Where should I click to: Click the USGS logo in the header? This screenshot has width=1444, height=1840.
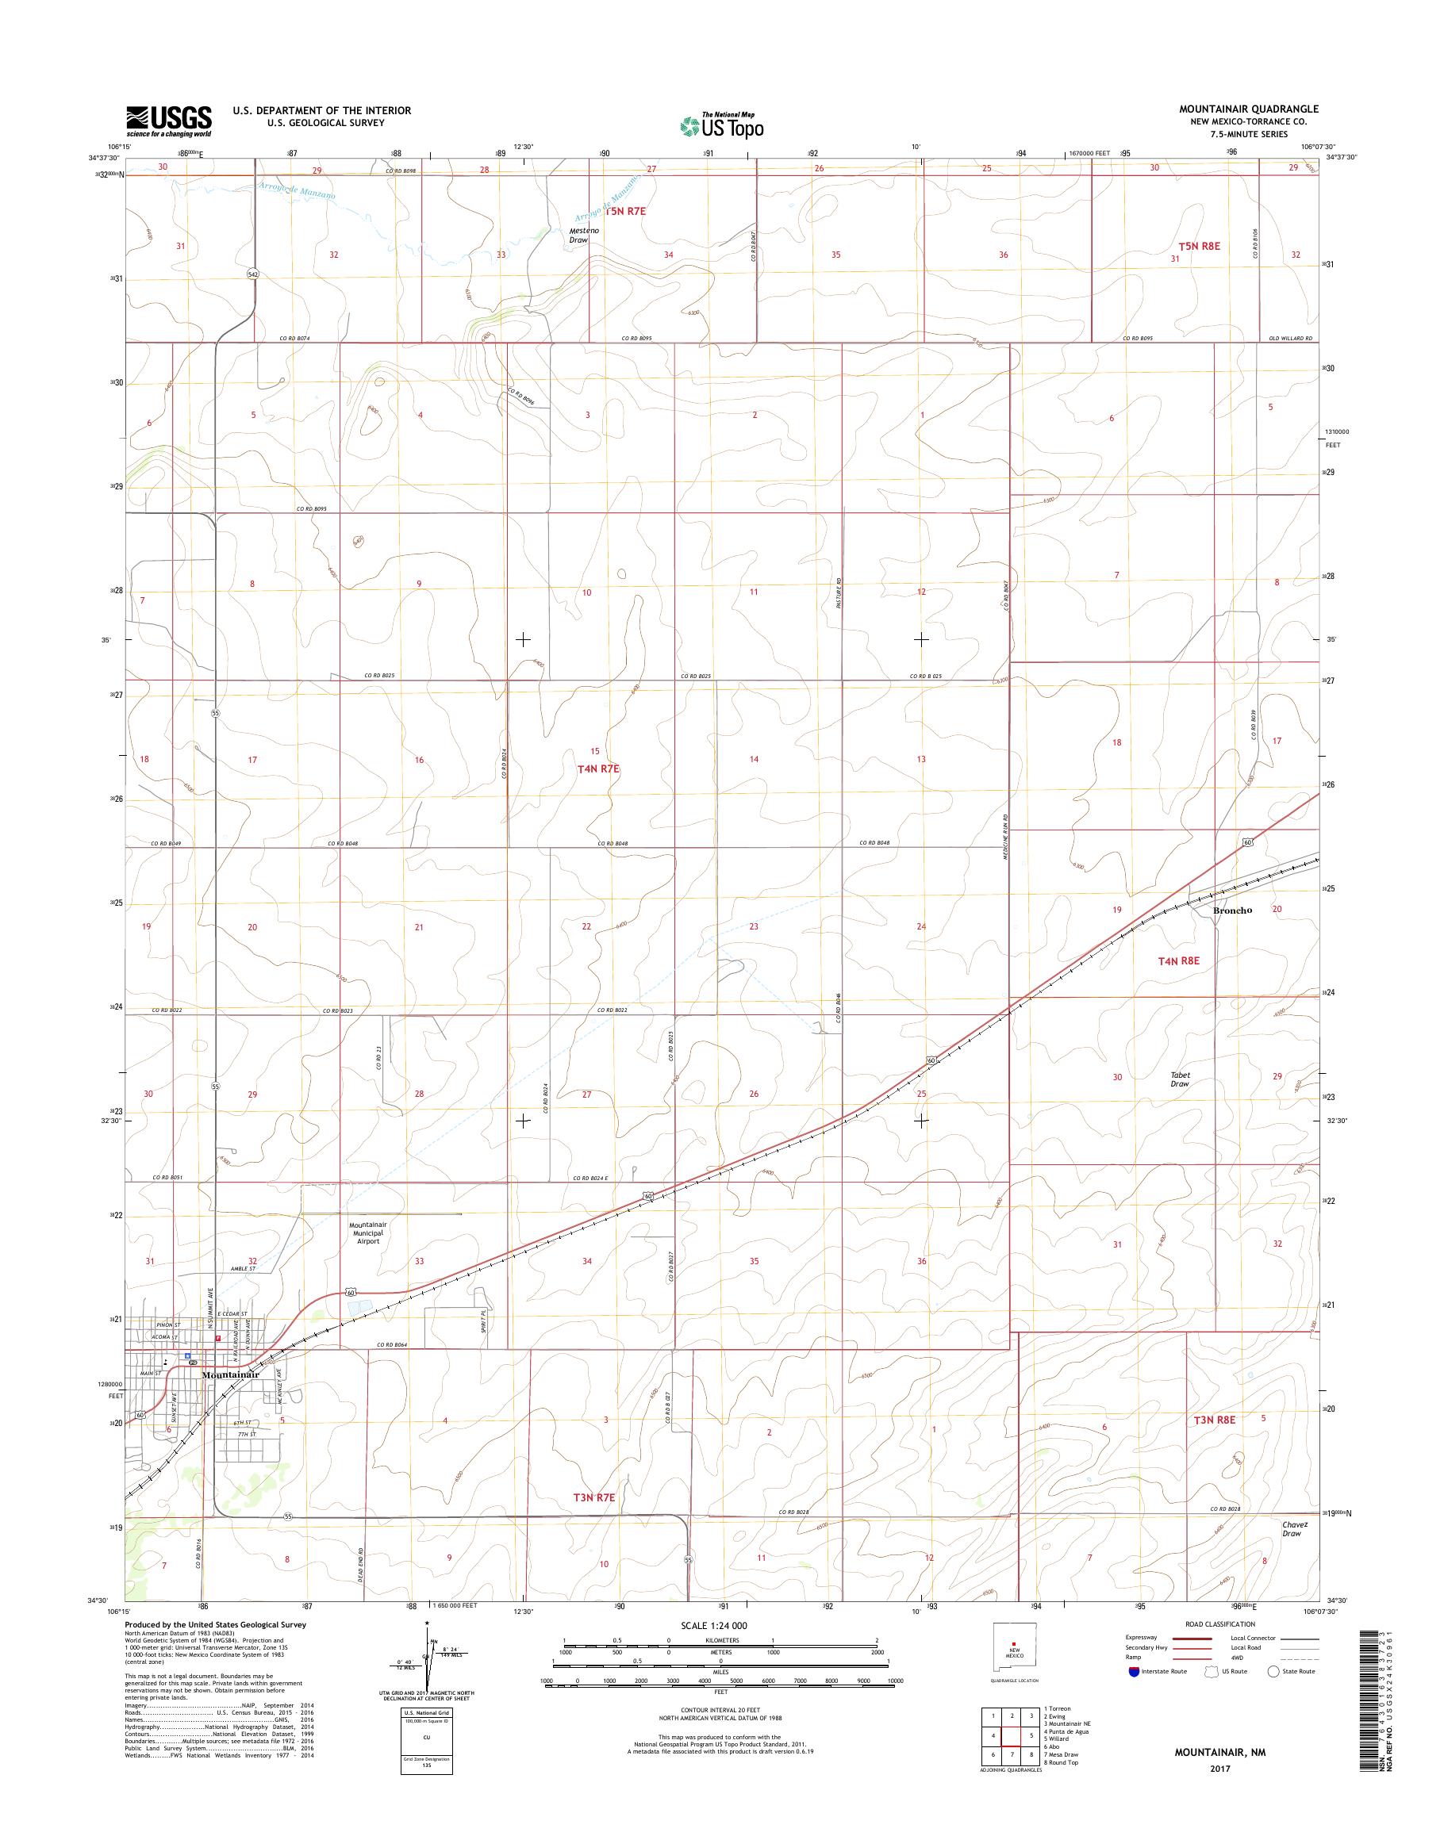tap(169, 121)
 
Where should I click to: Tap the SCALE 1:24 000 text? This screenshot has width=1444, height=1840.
tap(713, 1625)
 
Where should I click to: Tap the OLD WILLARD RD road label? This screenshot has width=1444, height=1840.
tap(1294, 339)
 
